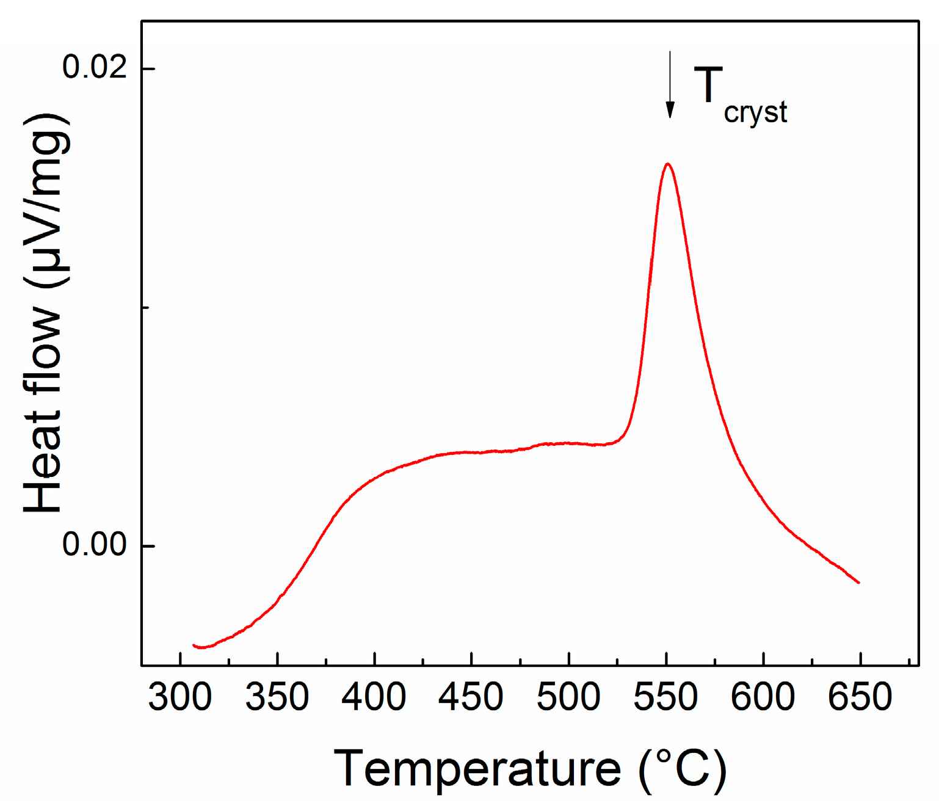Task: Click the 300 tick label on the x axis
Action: pyautogui.click(x=179, y=697)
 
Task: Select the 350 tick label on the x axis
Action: pyautogui.click(x=277, y=697)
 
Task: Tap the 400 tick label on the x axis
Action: pyautogui.click(x=374, y=697)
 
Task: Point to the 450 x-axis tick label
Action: pyautogui.click(x=471, y=697)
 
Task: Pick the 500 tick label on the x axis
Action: pyautogui.click(x=568, y=697)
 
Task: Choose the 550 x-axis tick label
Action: pyautogui.click(x=665, y=697)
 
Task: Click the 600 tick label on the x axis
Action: pyautogui.click(x=763, y=697)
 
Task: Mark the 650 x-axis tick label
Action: pyautogui.click(x=860, y=697)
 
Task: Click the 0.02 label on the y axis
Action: pyautogui.click(x=94, y=67)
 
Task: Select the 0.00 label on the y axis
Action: pyautogui.click(x=94, y=544)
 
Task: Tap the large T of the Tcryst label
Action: pyautogui.click(x=708, y=85)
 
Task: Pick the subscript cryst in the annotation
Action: pyautogui.click(x=755, y=113)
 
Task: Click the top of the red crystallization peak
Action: pyautogui.click(x=668, y=164)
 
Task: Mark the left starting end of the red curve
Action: pyautogui.click(x=194, y=645)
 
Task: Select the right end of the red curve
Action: pyautogui.click(x=858, y=582)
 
